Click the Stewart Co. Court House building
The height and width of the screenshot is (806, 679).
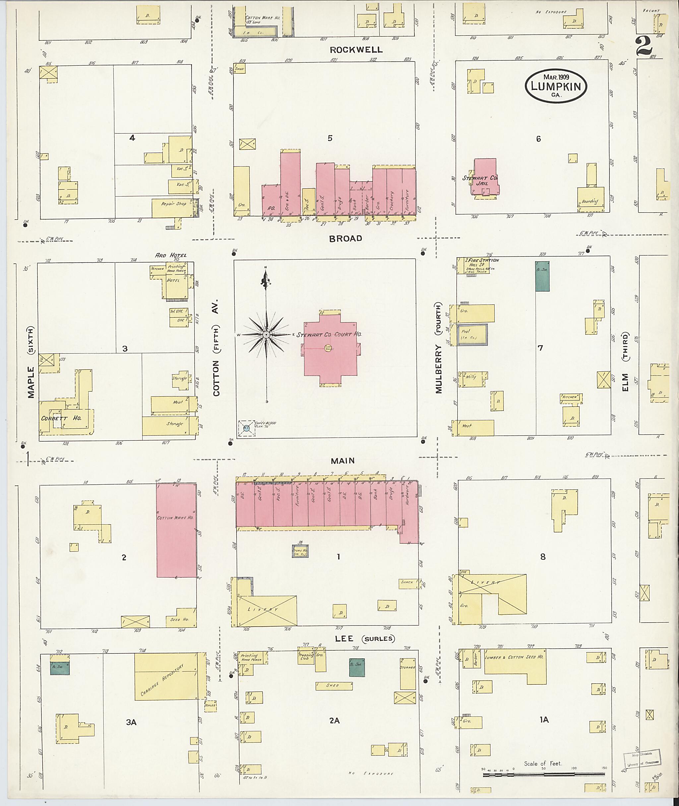point(330,349)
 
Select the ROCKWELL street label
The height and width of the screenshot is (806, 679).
point(356,50)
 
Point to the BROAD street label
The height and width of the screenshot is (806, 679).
point(345,239)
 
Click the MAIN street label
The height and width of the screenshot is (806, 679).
point(342,461)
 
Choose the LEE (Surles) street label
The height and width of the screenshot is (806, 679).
point(364,638)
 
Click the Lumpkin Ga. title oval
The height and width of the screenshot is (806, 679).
point(555,86)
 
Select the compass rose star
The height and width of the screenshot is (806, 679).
point(266,335)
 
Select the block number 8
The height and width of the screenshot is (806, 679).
point(542,557)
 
